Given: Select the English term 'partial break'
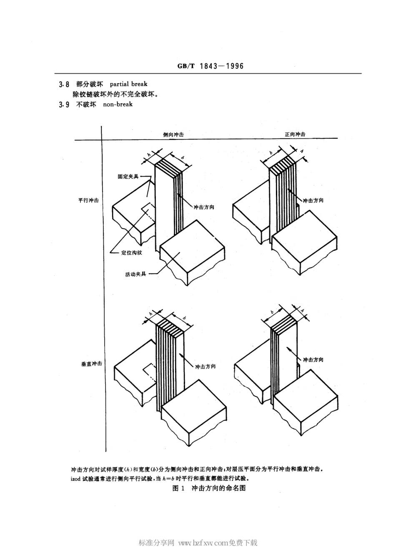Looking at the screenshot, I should pyautogui.click(x=128, y=84).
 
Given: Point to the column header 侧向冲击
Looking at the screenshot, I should pyautogui.click(x=173, y=134).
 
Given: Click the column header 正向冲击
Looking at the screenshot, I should pyautogui.click(x=295, y=134).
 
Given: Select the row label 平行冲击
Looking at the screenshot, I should pyautogui.click(x=88, y=200).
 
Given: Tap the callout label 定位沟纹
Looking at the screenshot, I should pyautogui.click(x=132, y=252).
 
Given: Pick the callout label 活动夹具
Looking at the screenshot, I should pyautogui.click(x=136, y=274).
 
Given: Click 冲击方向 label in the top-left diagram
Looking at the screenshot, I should pyautogui.click(x=204, y=207).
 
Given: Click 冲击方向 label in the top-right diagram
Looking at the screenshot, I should pyautogui.click(x=313, y=200).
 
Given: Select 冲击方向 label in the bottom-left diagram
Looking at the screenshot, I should pyautogui.click(x=206, y=366).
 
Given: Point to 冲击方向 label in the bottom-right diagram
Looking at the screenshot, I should pyautogui.click(x=313, y=360).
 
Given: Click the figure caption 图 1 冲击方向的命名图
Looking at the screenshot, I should pyautogui.click(x=209, y=488).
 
